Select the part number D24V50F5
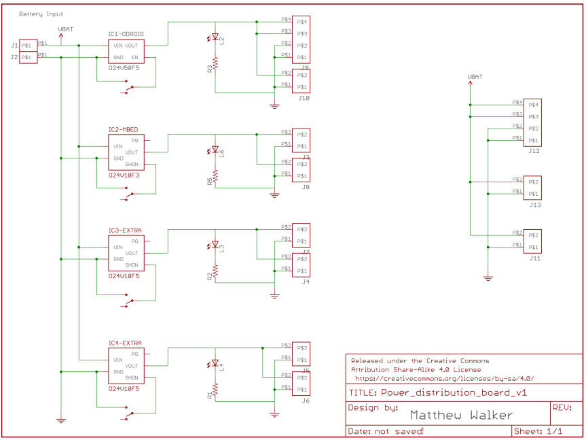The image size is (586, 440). point(124,68)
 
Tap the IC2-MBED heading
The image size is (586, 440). point(123,129)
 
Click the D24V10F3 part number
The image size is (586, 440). point(124,175)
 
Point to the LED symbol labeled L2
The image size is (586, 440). point(215,38)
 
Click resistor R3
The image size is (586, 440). point(215,63)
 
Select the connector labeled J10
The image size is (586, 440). point(301,81)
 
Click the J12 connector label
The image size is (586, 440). point(534,151)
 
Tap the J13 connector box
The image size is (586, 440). point(532,188)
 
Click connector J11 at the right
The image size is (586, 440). point(532,241)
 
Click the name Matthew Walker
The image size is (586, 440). point(461,415)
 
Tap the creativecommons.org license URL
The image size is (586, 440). point(445,378)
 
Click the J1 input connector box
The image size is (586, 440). point(28,46)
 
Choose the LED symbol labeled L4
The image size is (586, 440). point(215,364)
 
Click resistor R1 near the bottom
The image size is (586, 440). point(215,390)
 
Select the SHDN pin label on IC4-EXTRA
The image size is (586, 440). point(132,377)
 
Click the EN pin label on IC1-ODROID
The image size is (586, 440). point(134,57)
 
